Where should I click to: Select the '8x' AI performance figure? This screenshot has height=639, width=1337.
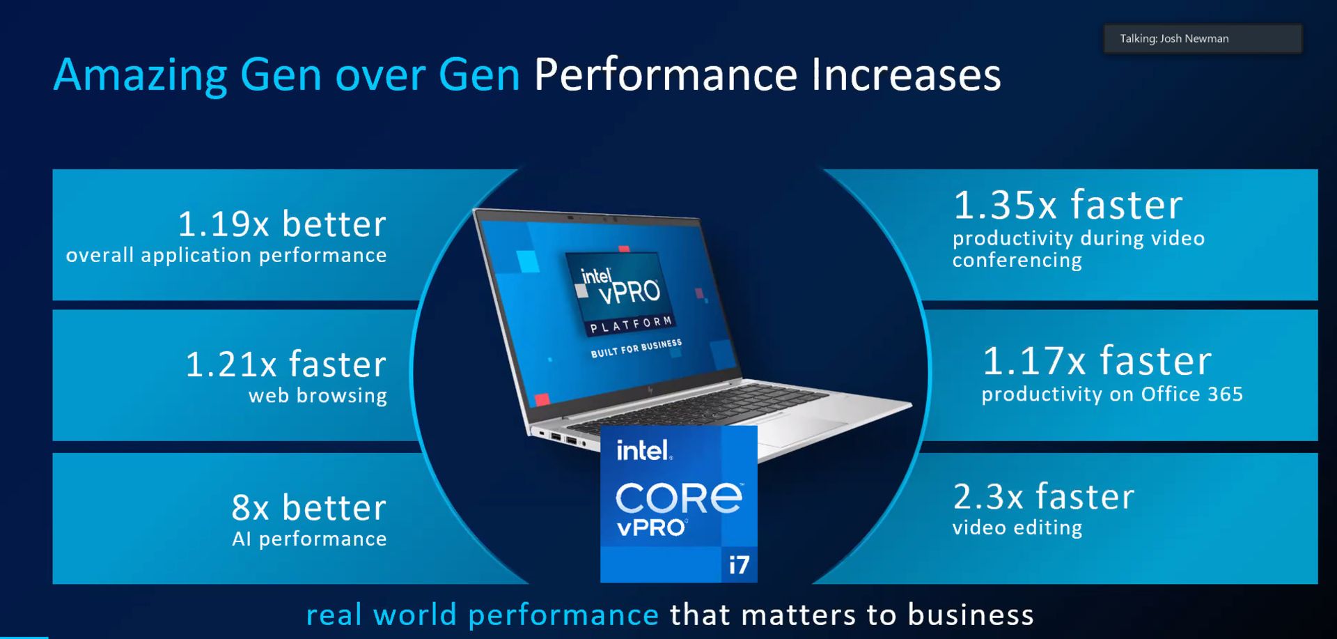coord(251,507)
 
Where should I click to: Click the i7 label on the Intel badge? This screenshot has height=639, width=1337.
coord(739,564)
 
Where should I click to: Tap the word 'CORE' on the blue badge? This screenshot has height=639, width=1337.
coord(679,498)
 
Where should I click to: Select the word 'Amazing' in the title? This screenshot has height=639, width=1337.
coord(140,75)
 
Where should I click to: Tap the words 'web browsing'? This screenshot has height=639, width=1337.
coord(318,396)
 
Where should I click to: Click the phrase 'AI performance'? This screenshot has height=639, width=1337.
coord(309,539)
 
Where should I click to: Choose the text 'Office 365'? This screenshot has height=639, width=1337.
coord(1191,394)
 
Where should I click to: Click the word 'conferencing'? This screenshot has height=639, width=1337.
coord(1017,260)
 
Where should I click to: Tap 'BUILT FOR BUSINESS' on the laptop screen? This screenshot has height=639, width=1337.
coord(636,348)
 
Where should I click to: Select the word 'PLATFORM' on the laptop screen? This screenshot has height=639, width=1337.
coord(631,325)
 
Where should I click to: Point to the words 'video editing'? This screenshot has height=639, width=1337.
coord(1017,528)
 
